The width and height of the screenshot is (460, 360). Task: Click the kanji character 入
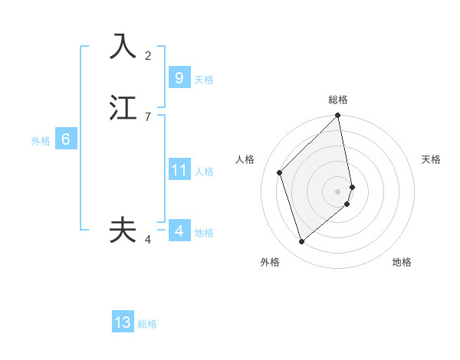tap(123, 47)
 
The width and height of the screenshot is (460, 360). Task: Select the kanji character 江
tap(123, 107)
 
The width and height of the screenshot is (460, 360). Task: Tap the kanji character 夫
tap(123, 230)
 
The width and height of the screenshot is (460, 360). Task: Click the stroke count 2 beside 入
tap(148, 55)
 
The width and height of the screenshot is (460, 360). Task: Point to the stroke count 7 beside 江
tap(148, 116)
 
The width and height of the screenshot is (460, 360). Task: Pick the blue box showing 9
tap(179, 78)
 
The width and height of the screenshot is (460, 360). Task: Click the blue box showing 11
tap(179, 170)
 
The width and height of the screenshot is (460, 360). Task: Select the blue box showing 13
tap(123, 322)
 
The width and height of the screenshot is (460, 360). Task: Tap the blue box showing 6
tap(66, 139)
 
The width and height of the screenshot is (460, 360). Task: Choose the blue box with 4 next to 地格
tap(179, 231)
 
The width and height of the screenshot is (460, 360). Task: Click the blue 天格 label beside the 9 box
tap(204, 80)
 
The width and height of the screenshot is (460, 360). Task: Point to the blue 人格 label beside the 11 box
tap(205, 172)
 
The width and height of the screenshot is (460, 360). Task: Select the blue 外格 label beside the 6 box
tap(41, 141)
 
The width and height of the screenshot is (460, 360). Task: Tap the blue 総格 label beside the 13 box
tap(147, 324)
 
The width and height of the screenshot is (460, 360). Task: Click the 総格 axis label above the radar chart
tap(338, 100)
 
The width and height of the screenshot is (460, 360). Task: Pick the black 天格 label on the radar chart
tap(431, 159)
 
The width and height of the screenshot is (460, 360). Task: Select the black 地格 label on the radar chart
tap(402, 262)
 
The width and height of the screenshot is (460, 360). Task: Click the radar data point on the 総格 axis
tap(338, 116)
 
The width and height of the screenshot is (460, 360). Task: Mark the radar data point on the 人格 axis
tap(280, 172)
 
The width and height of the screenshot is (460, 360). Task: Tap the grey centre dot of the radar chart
tap(338, 191)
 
